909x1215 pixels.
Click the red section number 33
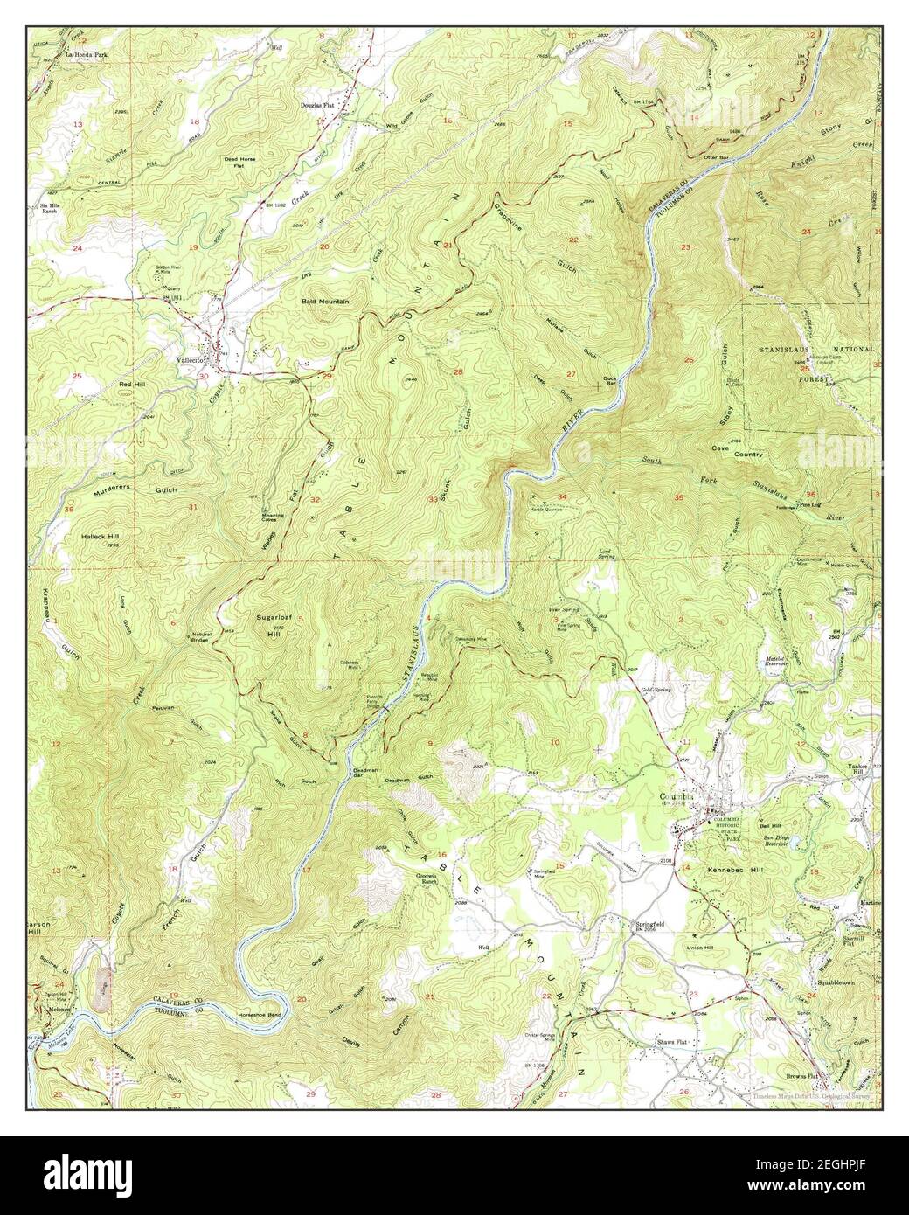432,499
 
